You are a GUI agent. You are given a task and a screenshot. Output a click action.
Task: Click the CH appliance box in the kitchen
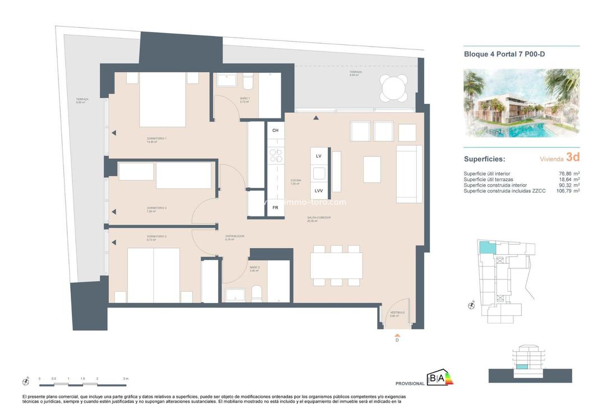coord(275,131)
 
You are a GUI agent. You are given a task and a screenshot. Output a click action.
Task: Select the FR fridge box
coord(275,207)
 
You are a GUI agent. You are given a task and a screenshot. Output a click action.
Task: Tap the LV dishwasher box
coord(319,156)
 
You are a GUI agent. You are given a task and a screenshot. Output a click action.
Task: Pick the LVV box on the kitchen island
coord(319,191)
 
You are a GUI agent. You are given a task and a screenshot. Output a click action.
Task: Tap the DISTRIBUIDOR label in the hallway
coord(235,237)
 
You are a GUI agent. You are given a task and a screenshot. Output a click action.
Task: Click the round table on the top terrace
coord(394,89)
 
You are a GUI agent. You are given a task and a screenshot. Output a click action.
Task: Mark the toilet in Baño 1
coord(247,83)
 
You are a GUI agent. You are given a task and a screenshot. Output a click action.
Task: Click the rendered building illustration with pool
coord(521,103)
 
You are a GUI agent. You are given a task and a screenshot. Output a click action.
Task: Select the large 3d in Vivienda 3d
coord(572,157)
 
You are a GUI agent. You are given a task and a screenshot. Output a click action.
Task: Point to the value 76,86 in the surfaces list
coord(564,174)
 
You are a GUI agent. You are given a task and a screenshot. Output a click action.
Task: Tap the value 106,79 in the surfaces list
coord(562,191)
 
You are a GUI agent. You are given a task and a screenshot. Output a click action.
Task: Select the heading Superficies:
coord(484,159)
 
